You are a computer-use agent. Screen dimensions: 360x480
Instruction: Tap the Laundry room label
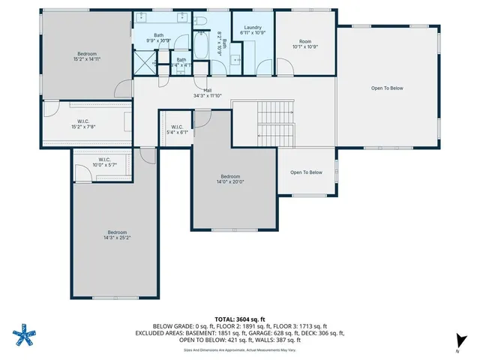coord(252,30)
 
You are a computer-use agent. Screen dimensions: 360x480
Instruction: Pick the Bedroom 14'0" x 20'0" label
coord(232,178)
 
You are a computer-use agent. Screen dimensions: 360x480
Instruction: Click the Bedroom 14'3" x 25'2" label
coord(117,235)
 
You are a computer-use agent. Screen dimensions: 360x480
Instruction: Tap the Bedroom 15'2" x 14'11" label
coord(86,55)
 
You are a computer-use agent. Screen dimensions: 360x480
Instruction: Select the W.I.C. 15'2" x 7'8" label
coord(83,124)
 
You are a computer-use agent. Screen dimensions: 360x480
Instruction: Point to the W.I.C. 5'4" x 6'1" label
coord(178,129)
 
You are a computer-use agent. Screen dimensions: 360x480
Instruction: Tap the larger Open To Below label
coord(387,88)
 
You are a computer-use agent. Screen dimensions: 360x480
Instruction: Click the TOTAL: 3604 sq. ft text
coord(239,319)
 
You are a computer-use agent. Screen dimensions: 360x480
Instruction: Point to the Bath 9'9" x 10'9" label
coord(159,37)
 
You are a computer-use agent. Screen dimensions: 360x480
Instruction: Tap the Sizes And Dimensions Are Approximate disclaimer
coord(239,349)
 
